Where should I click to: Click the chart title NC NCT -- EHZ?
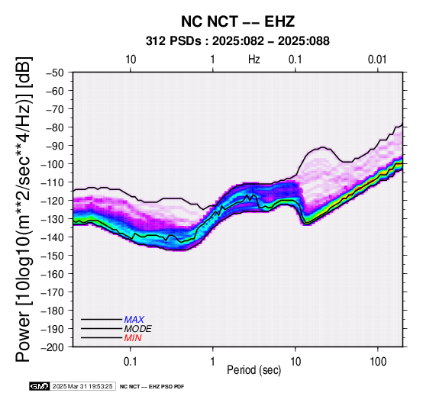[x=237, y=21]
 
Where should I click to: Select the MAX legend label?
[x=134, y=320]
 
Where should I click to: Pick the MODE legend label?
[x=138, y=329]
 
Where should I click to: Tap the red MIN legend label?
[x=133, y=338]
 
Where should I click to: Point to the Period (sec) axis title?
[x=253, y=370]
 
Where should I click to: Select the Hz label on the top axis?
[x=253, y=60]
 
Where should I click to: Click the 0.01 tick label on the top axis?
[x=377, y=60]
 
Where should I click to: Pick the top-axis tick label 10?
[x=131, y=60]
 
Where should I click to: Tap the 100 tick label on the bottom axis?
[x=378, y=361]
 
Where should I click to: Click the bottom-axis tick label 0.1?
[x=131, y=361]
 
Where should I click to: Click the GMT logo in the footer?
[x=40, y=386]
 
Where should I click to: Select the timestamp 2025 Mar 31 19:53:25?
[x=82, y=386]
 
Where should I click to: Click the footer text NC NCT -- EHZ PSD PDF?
[x=152, y=387]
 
